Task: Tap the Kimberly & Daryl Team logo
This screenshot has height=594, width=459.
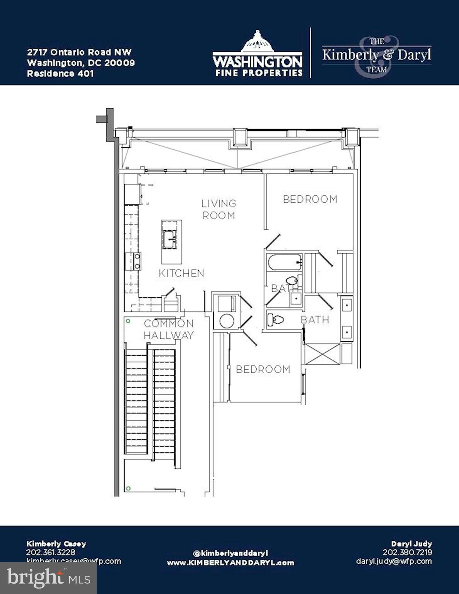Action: coord(377,55)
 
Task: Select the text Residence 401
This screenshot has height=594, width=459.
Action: coord(60,73)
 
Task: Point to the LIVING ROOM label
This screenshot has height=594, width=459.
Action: coord(219,209)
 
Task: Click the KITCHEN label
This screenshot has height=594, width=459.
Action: coord(181,273)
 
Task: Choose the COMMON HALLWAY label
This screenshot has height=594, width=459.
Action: coord(169,329)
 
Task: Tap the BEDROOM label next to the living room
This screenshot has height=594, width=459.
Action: coord(310,199)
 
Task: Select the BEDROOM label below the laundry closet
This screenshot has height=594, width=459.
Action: coord(263,369)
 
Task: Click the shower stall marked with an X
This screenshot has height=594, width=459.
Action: coord(322,353)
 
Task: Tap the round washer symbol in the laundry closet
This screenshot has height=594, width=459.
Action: coord(225,321)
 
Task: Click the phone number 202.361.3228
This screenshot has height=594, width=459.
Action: coord(51,552)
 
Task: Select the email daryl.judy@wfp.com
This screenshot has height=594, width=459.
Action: coord(394,561)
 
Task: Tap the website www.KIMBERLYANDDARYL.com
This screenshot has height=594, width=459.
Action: coord(230,563)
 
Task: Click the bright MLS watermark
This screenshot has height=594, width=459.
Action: coord(48,578)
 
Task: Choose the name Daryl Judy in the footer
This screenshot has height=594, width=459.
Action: coord(411,543)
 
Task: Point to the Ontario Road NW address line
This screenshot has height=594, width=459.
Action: coord(79,52)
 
